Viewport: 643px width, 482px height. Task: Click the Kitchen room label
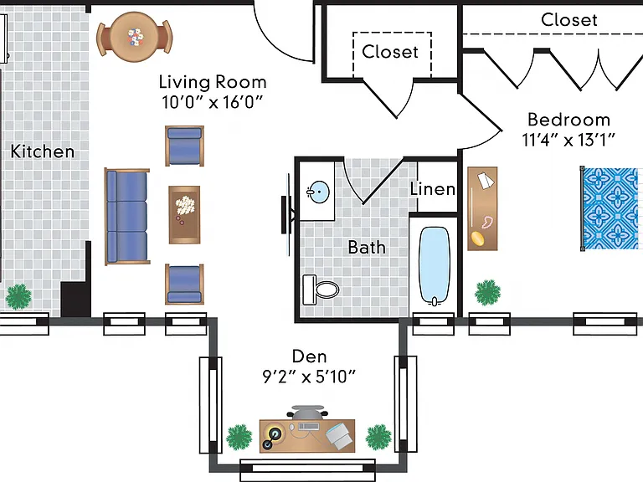42,151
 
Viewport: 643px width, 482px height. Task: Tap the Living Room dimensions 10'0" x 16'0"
212,102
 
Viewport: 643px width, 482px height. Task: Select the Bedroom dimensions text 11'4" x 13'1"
568,141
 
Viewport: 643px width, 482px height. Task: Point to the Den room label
309,356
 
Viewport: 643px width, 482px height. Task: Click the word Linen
433,189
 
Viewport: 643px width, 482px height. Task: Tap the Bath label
367,247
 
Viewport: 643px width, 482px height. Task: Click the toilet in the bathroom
321,290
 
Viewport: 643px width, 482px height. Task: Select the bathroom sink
318,192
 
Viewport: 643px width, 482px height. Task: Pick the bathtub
435,266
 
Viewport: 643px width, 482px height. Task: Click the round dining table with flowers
135,37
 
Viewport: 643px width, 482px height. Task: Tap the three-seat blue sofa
126,216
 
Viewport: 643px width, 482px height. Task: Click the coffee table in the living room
184,215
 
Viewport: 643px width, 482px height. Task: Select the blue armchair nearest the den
184,284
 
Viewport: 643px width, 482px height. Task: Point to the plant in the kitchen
18,297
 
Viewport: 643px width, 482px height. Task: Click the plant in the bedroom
487,293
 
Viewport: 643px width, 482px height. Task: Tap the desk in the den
307,435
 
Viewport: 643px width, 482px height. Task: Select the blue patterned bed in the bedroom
611,208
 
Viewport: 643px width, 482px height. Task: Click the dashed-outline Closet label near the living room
390,52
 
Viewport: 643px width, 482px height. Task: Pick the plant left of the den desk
239,437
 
